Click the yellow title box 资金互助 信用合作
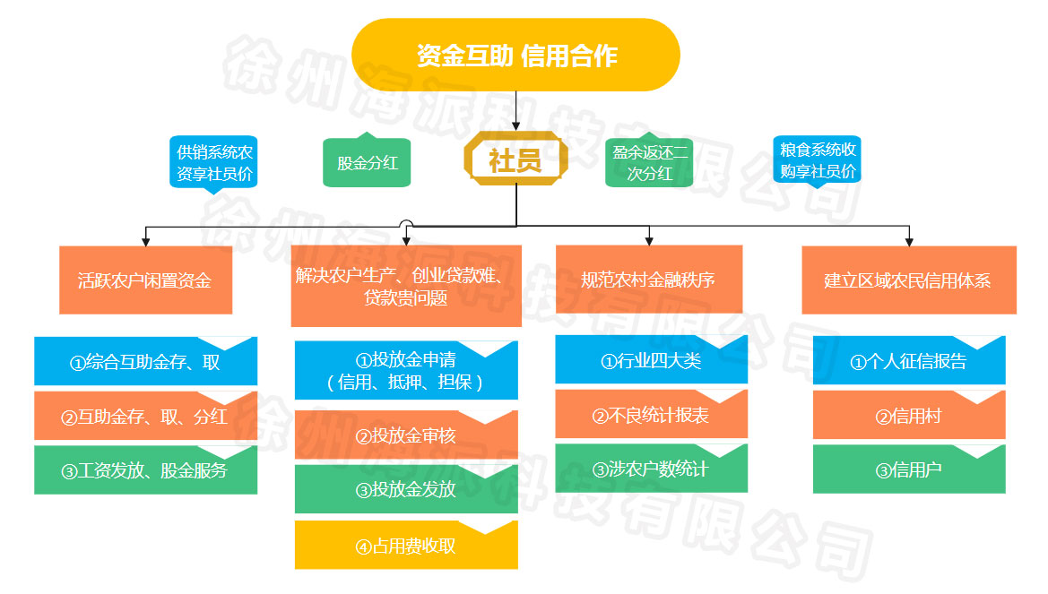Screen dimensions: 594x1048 coord(515,56)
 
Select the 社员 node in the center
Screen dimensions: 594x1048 coord(515,160)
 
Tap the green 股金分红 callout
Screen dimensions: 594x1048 coord(367,163)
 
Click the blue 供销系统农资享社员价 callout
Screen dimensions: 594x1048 coord(214,162)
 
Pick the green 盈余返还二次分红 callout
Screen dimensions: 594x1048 coord(650,163)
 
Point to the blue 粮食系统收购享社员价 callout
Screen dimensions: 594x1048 coord(817,159)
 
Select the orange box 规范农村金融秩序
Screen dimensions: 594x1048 coord(648,280)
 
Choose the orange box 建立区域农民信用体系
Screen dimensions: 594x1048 coord(908,280)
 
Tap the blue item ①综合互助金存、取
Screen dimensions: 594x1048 coord(145,362)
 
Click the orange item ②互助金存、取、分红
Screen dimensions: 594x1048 coord(145,416)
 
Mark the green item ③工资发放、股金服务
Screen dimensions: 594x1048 coord(145,469)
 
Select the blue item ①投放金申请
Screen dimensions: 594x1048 coord(406,371)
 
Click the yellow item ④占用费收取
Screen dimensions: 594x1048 coord(406,545)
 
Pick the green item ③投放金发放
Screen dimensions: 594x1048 coord(406,489)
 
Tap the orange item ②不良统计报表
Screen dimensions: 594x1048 coord(651,415)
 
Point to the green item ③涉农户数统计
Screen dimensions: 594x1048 coord(651,469)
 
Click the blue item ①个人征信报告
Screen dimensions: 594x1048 coord(908,361)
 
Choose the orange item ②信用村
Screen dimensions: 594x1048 coord(908,416)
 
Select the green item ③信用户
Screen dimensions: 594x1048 coord(908,469)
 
